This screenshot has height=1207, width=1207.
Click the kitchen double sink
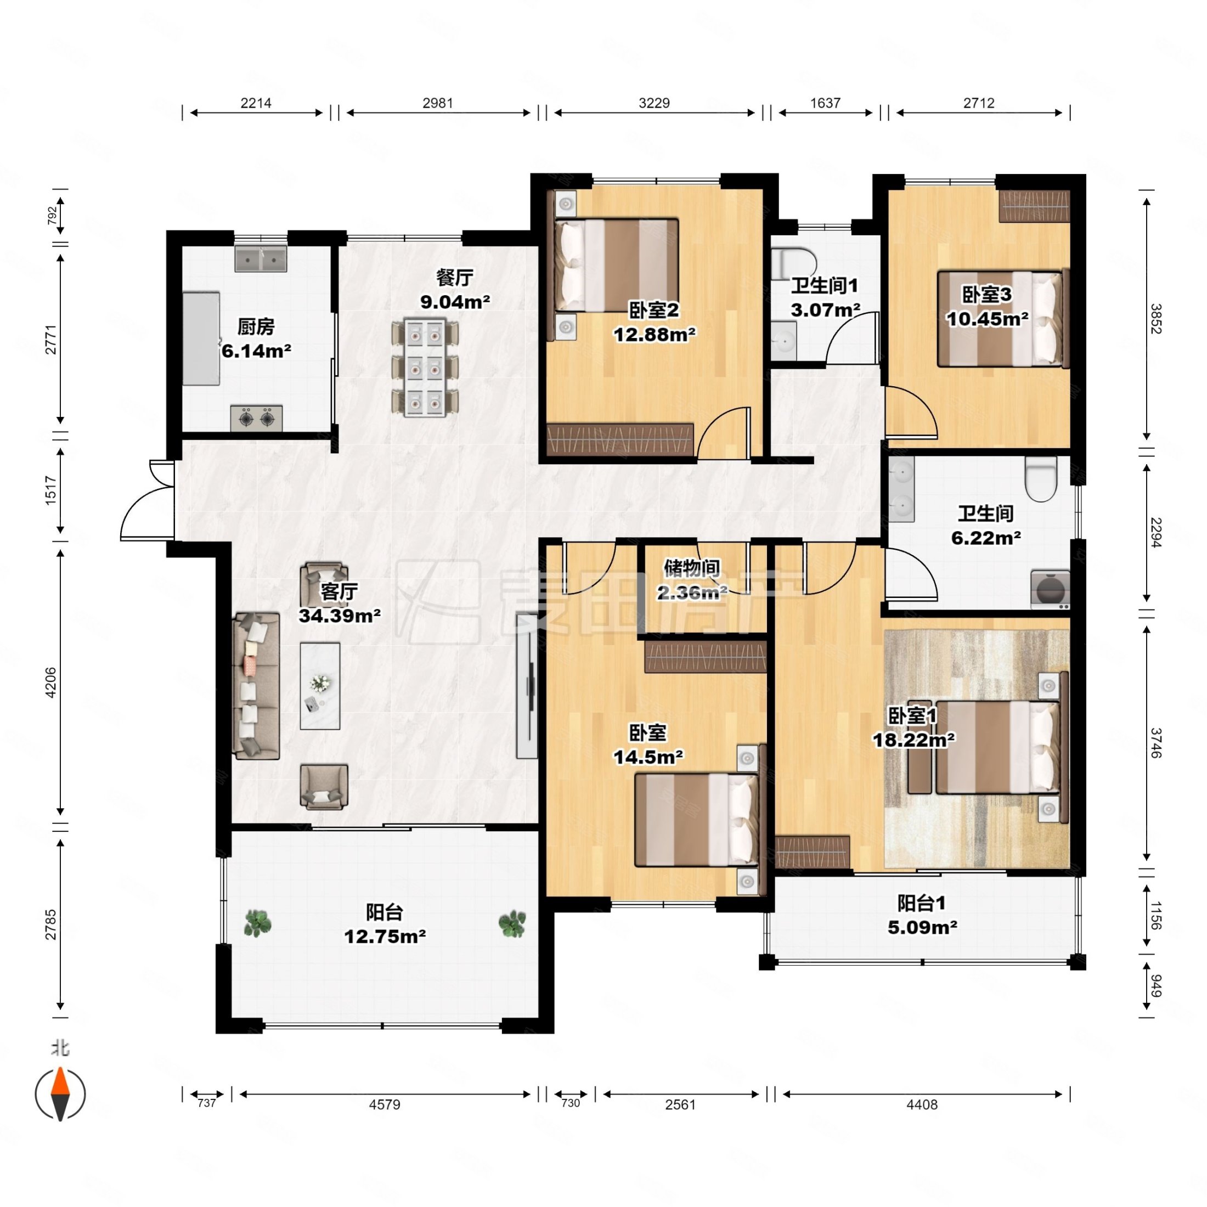pyautogui.click(x=261, y=258)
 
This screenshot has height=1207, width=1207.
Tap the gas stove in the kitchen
pyautogui.click(x=256, y=418)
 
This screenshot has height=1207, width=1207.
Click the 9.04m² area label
pyautogui.click(x=455, y=302)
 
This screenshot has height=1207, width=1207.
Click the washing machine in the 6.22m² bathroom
pyautogui.click(x=1050, y=589)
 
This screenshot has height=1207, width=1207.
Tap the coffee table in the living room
pyautogui.click(x=320, y=686)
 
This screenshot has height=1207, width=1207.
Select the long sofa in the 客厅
pyautogui.click(x=256, y=686)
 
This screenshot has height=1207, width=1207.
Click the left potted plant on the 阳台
pyautogui.click(x=257, y=923)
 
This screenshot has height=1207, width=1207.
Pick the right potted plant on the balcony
pyautogui.click(x=512, y=923)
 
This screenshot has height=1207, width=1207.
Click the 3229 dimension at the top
pyautogui.click(x=654, y=103)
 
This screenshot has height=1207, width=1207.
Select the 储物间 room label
pyautogui.click(x=692, y=567)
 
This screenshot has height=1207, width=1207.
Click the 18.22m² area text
pyautogui.click(x=913, y=740)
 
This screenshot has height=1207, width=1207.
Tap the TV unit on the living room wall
pyautogui.click(x=527, y=685)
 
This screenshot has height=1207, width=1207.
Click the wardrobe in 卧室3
pyautogui.click(x=1034, y=206)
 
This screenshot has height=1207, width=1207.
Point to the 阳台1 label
pyautogui.click(x=922, y=903)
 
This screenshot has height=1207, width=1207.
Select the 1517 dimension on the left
pyautogui.click(x=50, y=490)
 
